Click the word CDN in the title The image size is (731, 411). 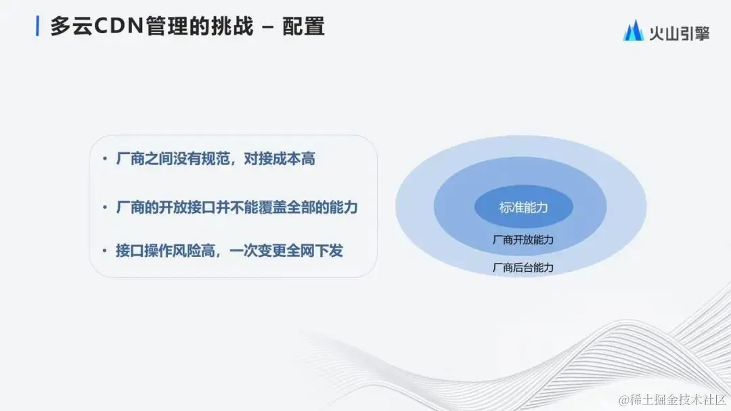click(x=116, y=27)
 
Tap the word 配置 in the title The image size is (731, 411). click(x=304, y=27)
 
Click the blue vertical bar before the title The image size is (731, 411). click(x=37, y=26)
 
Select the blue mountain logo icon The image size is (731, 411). click(x=634, y=30)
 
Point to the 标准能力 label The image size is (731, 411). click(x=523, y=208)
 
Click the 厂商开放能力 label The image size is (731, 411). click(x=523, y=240)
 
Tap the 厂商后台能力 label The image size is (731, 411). click(x=523, y=268)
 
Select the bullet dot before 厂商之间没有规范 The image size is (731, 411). click(x=105, y=160)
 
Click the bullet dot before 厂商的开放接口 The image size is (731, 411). click(x=105, y=208)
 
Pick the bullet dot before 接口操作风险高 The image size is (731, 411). click(x=105, y=251)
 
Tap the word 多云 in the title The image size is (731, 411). click(x=67, y=27)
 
